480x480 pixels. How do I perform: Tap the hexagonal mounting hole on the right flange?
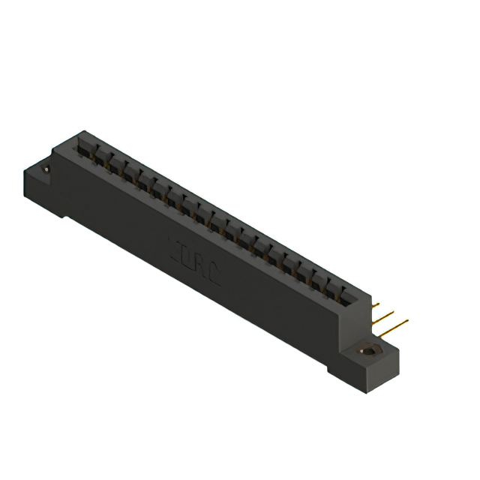[368, 350]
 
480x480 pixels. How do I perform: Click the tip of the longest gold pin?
[407, 321]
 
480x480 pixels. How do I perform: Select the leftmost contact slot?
[84, 149]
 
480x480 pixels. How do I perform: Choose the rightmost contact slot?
[343, 294]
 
